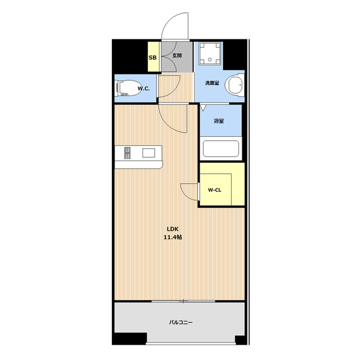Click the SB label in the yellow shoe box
click(x=152, y=57)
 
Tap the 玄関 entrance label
click(x=177, y=55)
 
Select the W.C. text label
click(x=143, y=89)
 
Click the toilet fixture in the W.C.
click(x=129, y=88)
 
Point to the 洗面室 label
click(x=212, y=83)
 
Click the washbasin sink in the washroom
click(x=235, y=85)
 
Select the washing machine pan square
click(x=210, y=54)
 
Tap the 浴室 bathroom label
click(x=219, y=121)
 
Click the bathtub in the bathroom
click(x=220, y=148)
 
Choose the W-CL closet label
click(x=214, y=190)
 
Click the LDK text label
click(x=173, y=229)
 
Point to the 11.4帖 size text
click(x=173, y=237)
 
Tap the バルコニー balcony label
click(x=181, y=322)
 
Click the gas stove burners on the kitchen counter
click(x=127, y=153)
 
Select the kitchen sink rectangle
click(x=148, y=153)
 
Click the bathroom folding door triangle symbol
click(x=203, y=107)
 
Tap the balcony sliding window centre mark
click(x=183, y=301)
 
